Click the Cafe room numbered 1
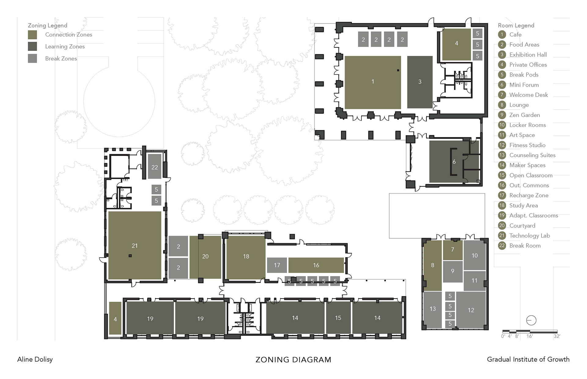pyautogui.click(x=373, y=82)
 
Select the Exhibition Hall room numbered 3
pyautogui.click(x=420, y=82)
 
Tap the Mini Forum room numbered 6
pyautogui.click(x=454, y=161)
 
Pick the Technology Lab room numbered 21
pyautogui.click(x=135, y=245)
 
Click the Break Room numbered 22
pyautogui.click(x=154, y=167)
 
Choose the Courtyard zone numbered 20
pyautogui.click(x=205, y=257)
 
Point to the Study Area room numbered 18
pyautogui.click(x=246, y=257)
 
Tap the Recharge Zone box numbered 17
pyautogui.click(x=277, y=265)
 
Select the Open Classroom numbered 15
pyautogui.click(x=338, y=318)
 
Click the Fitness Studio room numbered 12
pyautogui.click(x=471, y=310)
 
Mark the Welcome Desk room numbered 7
pyautogui.click(x=453, y=250)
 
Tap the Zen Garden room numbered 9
pyautogui.click(x=452, y=271)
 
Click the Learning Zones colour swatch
pyautogui.click(x=32, y=46)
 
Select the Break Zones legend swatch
pyautogui.click(x=32, y=58)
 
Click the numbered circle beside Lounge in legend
pyautogui.click(x=502, y=105)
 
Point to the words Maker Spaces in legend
pyautogui.click(x=527, y=165)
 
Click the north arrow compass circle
pyautogui.click(x=531, y=320)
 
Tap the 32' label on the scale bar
pyautogui.click(x=557, y=336)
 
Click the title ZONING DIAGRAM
pyautogui.click(x=293, y=360)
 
